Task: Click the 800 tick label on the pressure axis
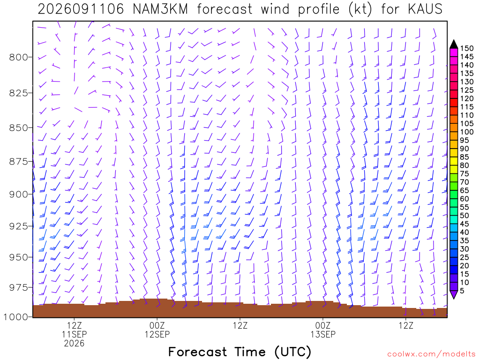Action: tap(19, 57)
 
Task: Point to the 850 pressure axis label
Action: tap(19, 127)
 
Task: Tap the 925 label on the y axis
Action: tap(19, 226)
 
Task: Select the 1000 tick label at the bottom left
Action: tap(16, 317)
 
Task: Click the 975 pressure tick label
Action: tap(19, 287)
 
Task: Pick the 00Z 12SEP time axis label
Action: tap(157, 330)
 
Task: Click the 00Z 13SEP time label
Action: tap(323, 330)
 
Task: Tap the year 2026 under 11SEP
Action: tap(75, 343)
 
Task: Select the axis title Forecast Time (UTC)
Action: tap(240, 352)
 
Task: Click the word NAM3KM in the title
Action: tap(160, 9)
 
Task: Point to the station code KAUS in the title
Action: tap(425, 9)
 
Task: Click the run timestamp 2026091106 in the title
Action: tap(81, 9)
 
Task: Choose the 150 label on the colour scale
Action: tap(467, 48)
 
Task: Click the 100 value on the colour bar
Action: tap(467, 132)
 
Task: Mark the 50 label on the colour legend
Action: tap(465, 216)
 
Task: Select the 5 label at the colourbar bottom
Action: tap(462, 291)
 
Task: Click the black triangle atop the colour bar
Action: tap(454, 45)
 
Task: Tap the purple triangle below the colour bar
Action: tap(454, 294)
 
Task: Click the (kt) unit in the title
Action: tap(360, 9)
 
